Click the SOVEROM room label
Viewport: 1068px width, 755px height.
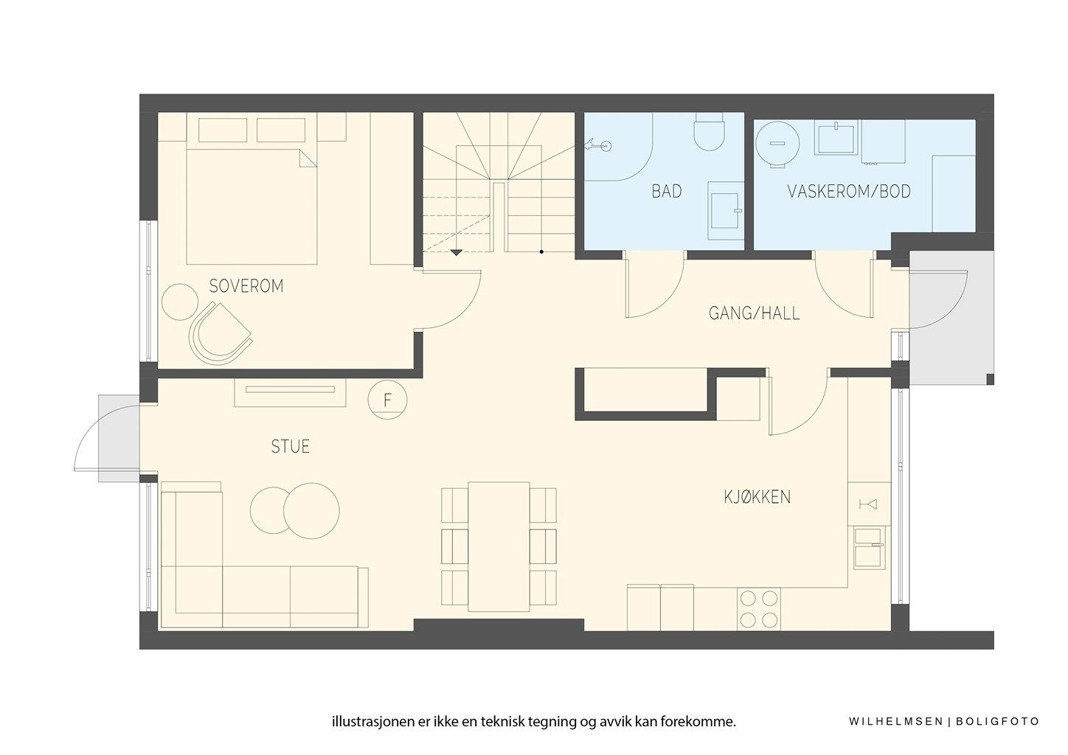pos(246,286)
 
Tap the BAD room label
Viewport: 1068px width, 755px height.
pos(666,192)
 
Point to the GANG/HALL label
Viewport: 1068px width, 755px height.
pos(754,313)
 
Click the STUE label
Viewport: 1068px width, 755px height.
pos(290,447)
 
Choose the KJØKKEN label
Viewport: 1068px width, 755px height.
pos(757,497)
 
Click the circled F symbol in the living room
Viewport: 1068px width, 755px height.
pos(387,400)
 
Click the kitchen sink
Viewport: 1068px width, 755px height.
pos(869,547)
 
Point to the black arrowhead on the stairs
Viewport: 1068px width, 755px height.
pos(457,252)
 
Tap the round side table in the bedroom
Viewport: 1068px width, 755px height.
pos(179,302)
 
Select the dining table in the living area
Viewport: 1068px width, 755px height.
pos(499,546)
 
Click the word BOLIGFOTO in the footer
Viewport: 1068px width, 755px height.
pos(997,722)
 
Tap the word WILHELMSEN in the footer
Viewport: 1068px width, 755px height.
pos(894,722)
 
